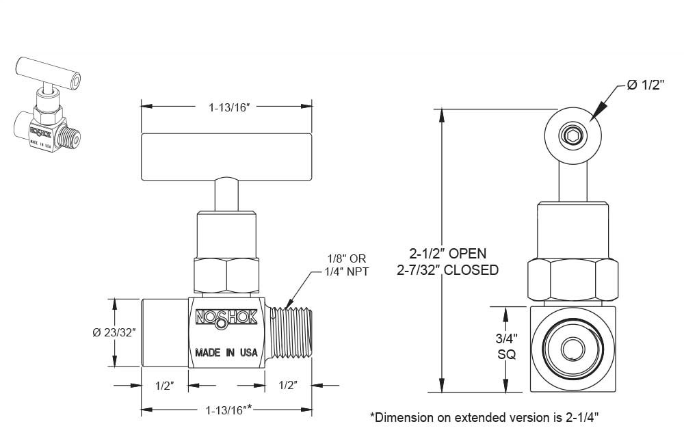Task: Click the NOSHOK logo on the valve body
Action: click(226, 317)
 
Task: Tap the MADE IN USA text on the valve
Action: click(226, 353)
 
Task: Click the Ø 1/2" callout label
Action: click(646, 85)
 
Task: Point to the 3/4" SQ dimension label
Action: click(506, 346)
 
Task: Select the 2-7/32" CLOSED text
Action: click(448, 269)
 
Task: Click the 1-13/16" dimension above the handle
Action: click(227, 106)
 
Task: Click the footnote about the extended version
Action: click(488, 416)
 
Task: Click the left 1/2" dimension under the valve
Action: click(165, 386)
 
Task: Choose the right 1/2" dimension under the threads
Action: click(288, 386)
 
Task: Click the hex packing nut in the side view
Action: click(227, 275)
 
